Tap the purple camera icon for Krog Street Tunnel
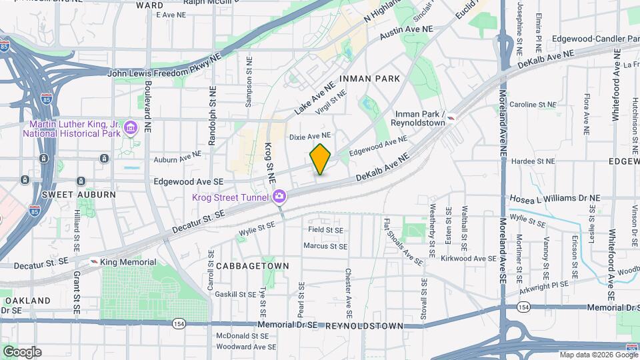click(279, 197)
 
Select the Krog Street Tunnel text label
click(229, 197)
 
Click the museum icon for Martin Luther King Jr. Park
click(131, 127)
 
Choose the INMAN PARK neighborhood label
click(369, 79)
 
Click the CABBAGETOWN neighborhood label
click(253, 266)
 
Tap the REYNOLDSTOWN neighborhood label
click(364, 326)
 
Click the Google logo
click(21, 352)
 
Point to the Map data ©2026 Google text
click(598, 354)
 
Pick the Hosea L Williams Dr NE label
click(554, 198)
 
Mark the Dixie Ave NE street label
click(309, 137)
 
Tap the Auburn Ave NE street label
click(177, 157)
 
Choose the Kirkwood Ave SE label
click(475, 258)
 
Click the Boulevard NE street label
click(147, 107)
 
